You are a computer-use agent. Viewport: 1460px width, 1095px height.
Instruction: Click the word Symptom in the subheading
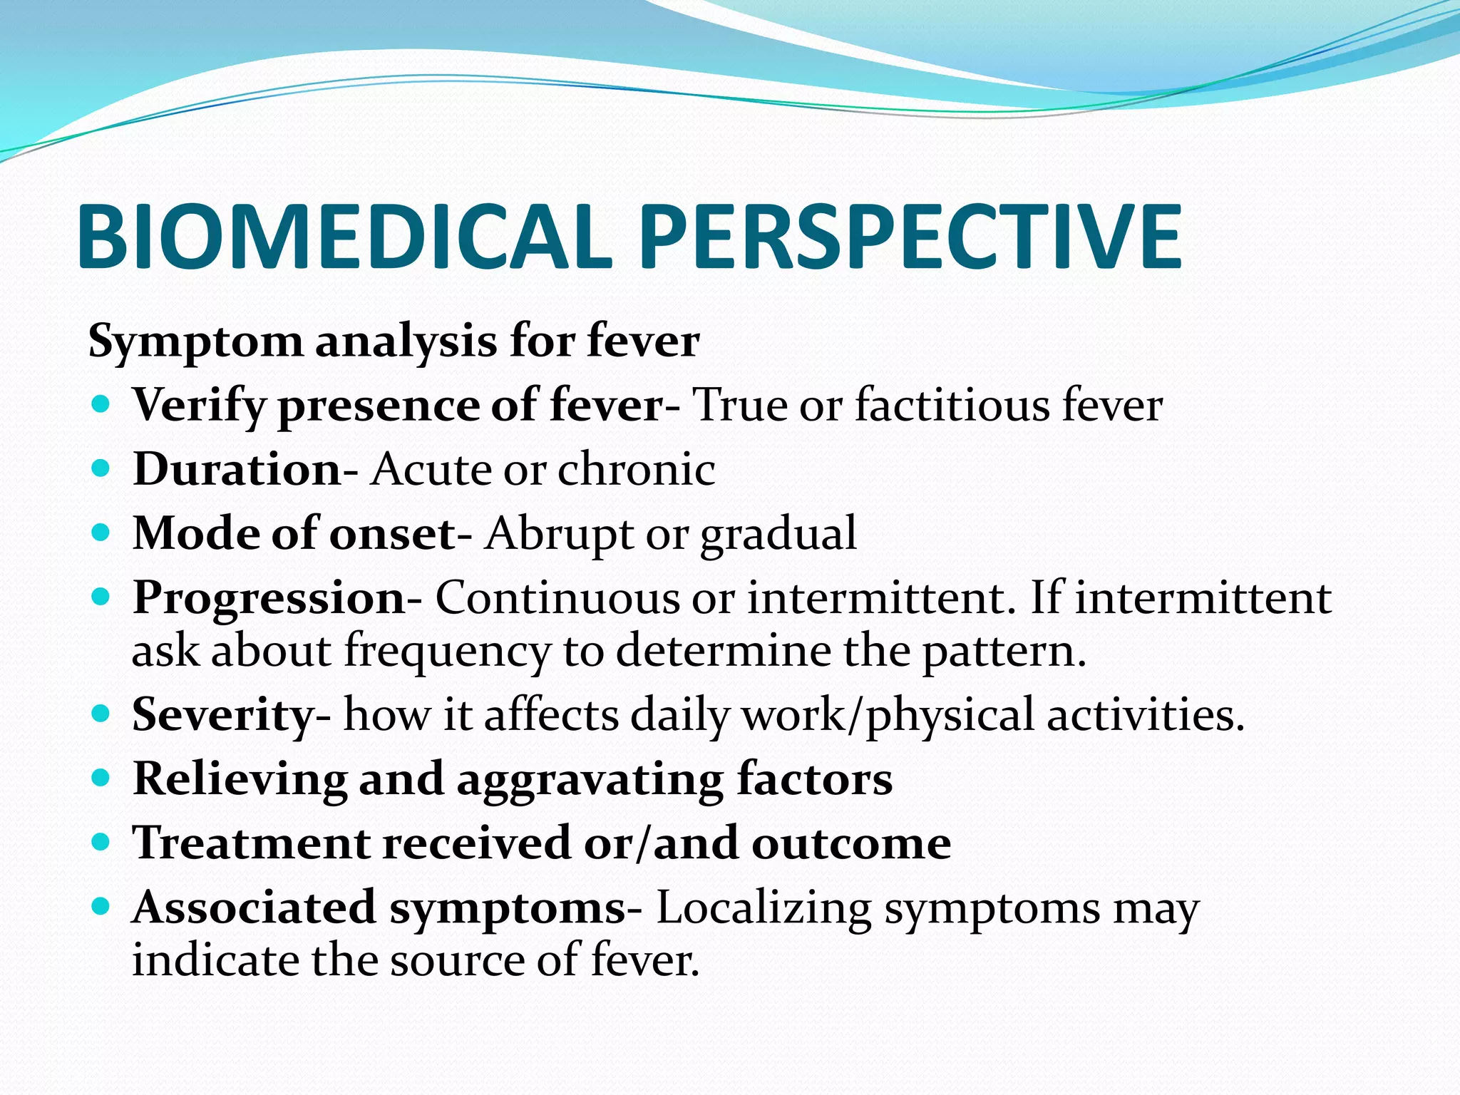tap(195, 341)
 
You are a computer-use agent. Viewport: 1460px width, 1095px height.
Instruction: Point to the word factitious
tap(952, 405)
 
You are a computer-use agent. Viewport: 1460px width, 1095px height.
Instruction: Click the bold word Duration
tap(237, 469)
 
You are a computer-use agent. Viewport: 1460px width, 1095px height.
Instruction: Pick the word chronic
tap(636, 469)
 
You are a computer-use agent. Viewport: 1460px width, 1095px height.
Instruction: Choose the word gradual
tap(778, 534)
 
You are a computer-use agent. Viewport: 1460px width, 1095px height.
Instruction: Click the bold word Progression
tap(269, 597)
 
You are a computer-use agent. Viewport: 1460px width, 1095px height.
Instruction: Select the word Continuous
tap(557, 597)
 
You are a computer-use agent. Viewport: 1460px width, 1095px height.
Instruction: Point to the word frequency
tap(448, 651)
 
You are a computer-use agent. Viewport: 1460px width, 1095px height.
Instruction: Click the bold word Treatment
tap(251, 843)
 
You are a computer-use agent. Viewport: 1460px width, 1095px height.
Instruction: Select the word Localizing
tap(764, 908)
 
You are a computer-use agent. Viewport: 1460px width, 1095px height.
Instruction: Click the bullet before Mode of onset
tap(102, 532)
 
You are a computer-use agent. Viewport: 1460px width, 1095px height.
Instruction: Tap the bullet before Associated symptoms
tap(102, 906)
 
